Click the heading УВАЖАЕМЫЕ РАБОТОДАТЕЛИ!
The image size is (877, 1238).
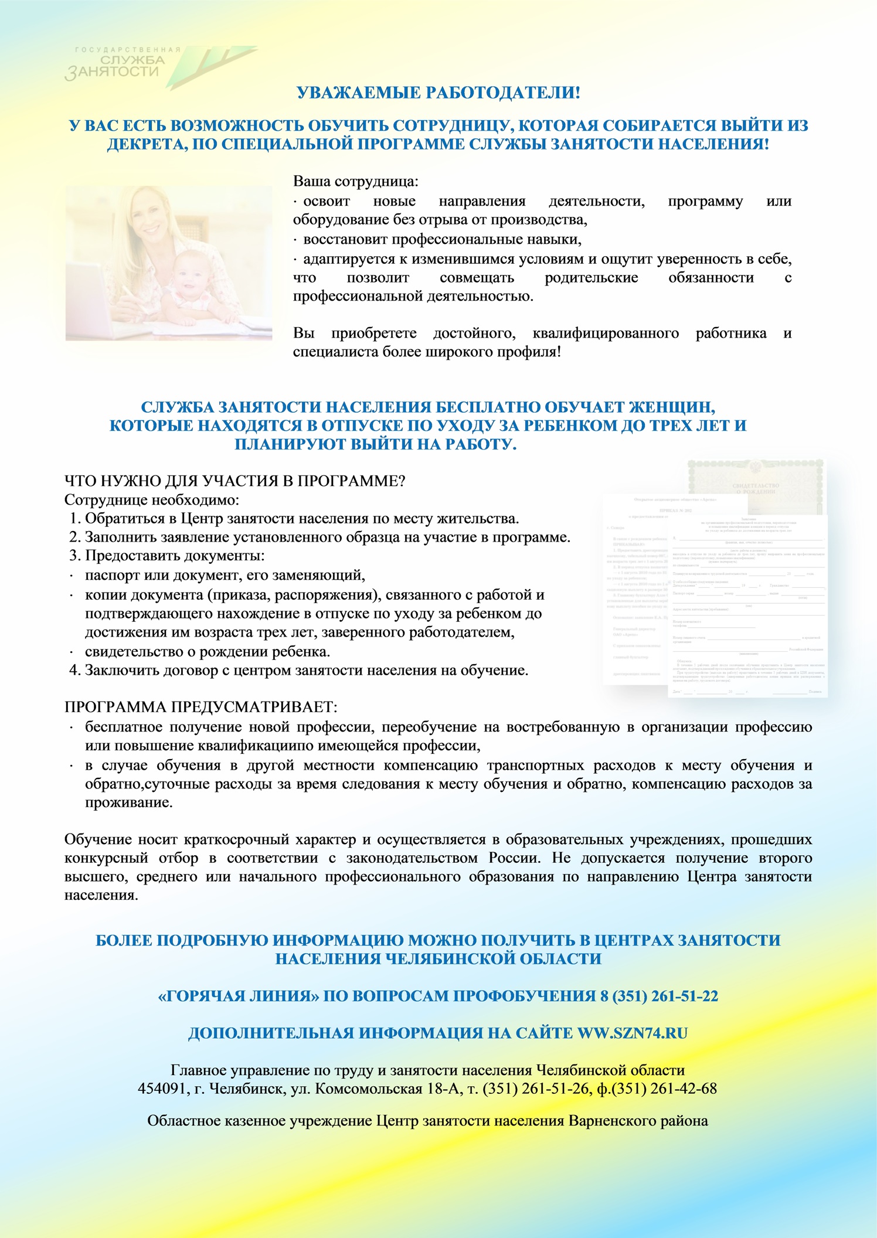[438, 93]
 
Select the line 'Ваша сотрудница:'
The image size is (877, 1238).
[356, 181]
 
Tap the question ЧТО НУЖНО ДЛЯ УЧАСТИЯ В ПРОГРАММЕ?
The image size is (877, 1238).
[234, 481]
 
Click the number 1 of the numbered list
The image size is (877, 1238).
[74, 519]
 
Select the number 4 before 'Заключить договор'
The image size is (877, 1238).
[74, 671]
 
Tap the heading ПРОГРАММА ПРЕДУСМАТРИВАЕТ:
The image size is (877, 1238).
[200, 707]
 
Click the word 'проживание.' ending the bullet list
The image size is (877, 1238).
[129, 802]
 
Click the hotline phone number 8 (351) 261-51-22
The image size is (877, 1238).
[659, 996]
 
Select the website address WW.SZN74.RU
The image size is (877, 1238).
[633, 1033]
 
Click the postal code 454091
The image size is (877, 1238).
[162, 1089]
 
